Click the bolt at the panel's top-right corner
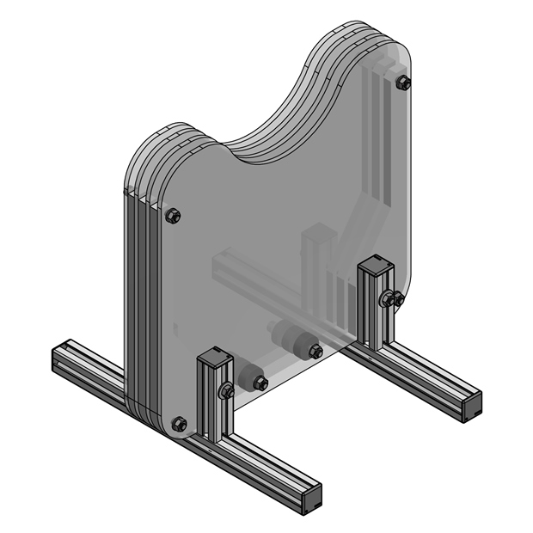pos(403,83)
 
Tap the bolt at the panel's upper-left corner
pos(172,215)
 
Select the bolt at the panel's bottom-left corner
pos(179,423)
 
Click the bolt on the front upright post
pos(228,391)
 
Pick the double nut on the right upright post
pos(391,299)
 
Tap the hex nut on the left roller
pos(260,383)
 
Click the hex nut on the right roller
pos(316,351)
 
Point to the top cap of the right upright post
pos(377,261)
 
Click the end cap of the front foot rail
pos(310,499)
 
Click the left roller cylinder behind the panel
pos(247,375)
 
